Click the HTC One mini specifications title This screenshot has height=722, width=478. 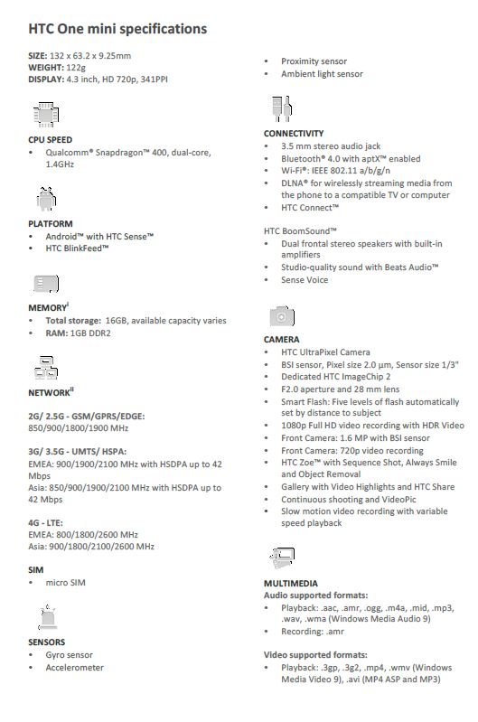tap(117, 29)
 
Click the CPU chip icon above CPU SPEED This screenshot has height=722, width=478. tap(45, 115)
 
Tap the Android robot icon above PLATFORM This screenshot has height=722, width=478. tap(45, 198)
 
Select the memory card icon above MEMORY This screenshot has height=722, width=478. tap(45, 284)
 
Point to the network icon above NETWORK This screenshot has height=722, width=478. tap(45, 367)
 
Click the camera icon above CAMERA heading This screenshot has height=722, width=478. tap(281, 316)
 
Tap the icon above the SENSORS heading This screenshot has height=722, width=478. tap(45, 618)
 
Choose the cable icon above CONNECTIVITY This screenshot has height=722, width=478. tap(280, 109)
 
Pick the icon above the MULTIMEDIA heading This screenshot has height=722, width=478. tap(281, 558)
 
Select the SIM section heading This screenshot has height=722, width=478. tap(36, 570)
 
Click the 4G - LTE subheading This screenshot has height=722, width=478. tap(52, 522)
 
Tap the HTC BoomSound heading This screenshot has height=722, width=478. tap(302, 230)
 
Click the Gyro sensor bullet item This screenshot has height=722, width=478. tap(69, 655)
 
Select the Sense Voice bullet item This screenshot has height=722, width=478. tap(305, 280)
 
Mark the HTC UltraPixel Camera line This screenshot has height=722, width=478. tap(325, 352)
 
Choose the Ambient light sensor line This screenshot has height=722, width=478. tap(322, 74)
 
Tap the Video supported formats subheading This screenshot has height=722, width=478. tap(315, 654)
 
